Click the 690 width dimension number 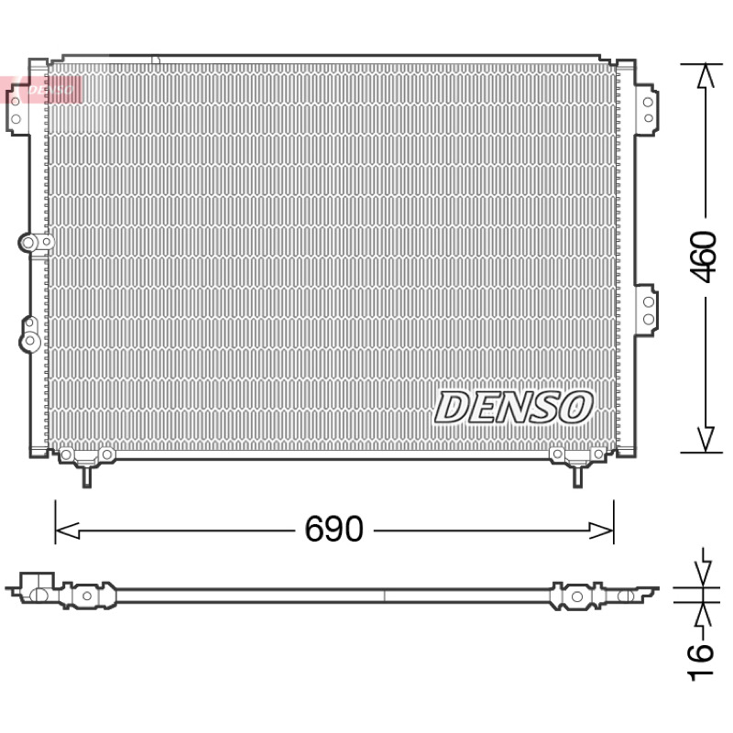pyautogui.click(x=334, y=529)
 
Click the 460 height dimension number pyautogui.click(x=704, y=257)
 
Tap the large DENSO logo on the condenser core pyautogui.click(x=514, y=408)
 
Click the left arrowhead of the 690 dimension pyautogui.click(x=67, y=531)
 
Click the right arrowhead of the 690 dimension pyautogui.click(x=601, y=531)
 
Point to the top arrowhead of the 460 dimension pyautogui.click(x=706, y=76)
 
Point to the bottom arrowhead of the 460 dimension pyautogui.click(x=706, y=440)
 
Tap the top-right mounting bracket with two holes pyautogui.click(x=647, y=110)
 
